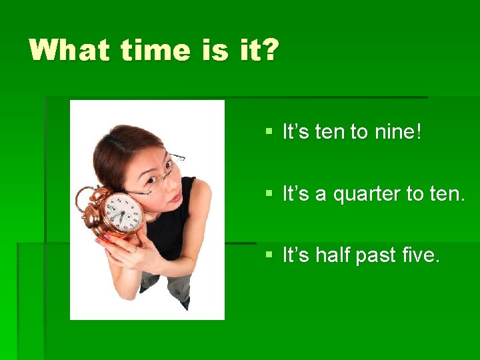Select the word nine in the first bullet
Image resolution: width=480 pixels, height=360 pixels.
point(394,132)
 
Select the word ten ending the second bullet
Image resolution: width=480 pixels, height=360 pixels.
point(450,194)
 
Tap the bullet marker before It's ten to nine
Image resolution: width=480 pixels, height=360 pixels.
point(269,132)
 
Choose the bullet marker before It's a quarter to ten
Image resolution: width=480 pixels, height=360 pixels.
point(269,194)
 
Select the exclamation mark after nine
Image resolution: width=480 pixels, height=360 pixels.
point(418,132)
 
